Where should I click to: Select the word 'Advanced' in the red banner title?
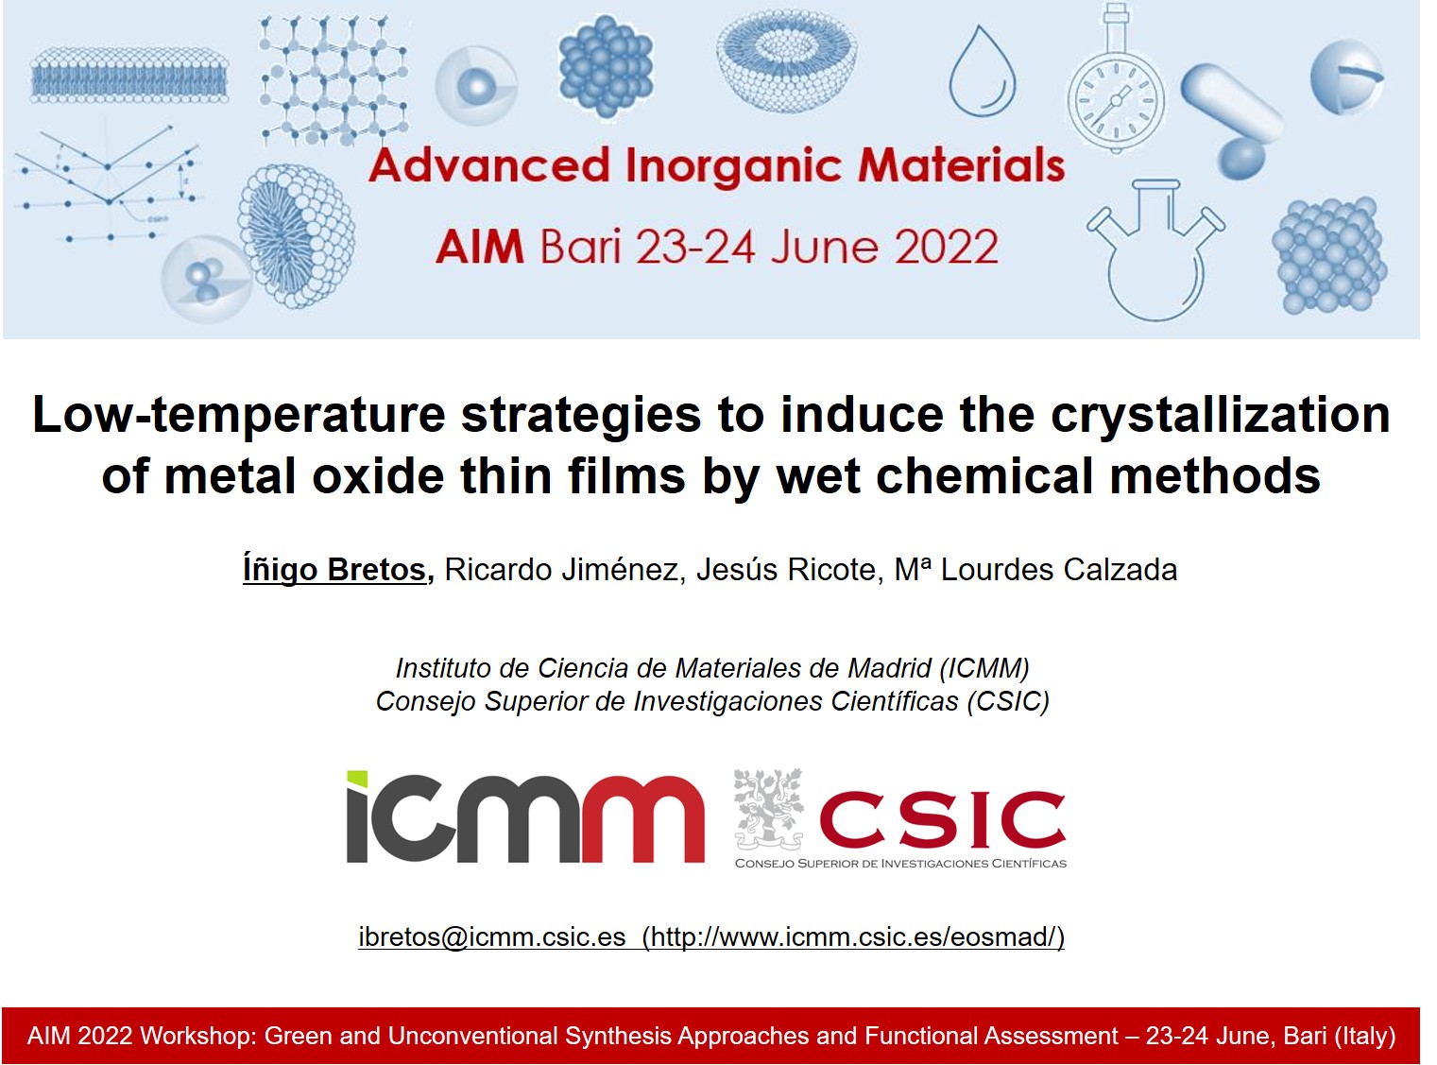tap(488, 166)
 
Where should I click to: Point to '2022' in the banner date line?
tap(946, 248)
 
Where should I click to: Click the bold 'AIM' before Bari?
tap(479, 248)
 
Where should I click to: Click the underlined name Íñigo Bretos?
tap(335, 570)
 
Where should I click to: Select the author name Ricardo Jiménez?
tap(564, 570)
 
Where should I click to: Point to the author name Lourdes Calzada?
tap(1058, 570)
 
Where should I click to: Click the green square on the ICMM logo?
tap(356, 780)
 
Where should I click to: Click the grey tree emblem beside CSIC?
tap(767, 808)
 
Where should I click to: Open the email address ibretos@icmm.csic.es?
tap(491, 936)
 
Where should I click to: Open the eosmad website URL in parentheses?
tap(853, 936)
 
